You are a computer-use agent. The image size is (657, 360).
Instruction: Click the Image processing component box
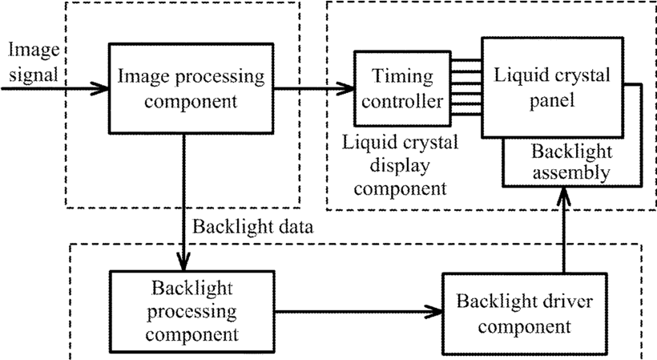click(191, 88)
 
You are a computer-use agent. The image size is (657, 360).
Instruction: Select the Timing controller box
click(403, 88)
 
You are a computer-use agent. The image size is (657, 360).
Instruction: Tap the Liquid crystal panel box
click(552, 87)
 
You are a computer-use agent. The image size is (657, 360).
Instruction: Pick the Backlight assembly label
click(571, 162)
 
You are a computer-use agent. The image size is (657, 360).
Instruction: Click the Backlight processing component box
click(192, 311)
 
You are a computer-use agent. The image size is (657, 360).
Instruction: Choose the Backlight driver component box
click(525, 314)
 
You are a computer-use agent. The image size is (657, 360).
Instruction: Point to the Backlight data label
click(252, 227)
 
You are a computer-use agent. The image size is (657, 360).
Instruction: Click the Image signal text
click(34, 62)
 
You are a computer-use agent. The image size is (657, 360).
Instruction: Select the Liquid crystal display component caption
click(400, 165)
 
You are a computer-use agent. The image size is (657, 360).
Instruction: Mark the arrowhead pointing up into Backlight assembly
click(564, 196)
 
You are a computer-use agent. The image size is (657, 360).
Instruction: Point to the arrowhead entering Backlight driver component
click(434, 311)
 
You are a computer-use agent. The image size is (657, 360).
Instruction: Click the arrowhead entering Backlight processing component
click(183, 261)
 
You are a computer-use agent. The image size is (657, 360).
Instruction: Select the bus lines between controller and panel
click(466, 87)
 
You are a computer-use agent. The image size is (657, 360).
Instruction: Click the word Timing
click(402, 77)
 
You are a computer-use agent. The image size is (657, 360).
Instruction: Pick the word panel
click(552, 101)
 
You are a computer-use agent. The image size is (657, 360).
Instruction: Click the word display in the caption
click(399, 167)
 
